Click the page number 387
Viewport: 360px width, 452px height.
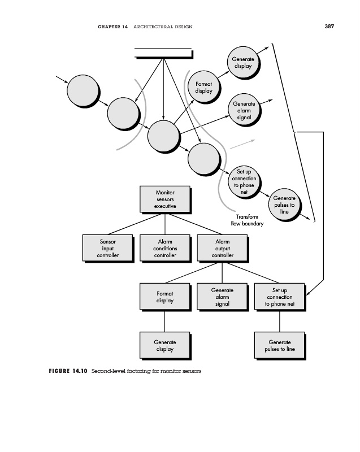click(329, 26)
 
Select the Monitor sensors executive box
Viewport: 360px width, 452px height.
click(166, 199)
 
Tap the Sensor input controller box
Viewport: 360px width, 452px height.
click(108, 248)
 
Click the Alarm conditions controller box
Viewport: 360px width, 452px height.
click(166, 248)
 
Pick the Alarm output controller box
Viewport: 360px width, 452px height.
click(223, 248)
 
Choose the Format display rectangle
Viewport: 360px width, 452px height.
click(166, 297)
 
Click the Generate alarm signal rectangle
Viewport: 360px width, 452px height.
click(223, 297)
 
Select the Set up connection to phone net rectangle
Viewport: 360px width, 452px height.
click(280, 297)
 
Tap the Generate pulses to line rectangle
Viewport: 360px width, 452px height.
click(280, 346)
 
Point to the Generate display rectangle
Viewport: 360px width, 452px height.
click(166, 346)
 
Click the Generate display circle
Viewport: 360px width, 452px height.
click(244, 63)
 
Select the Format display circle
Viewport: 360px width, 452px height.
click(204, 87)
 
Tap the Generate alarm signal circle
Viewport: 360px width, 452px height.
click(244, 110)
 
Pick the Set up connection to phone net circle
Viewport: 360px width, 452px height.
click(244, 182)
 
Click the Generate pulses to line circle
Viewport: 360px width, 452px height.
click(285, 205)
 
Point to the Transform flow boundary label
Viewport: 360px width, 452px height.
click(248, 220)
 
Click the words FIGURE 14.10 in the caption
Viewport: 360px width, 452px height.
click(68, 371)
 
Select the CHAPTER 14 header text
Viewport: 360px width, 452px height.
click(112, 27)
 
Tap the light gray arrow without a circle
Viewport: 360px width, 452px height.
click(242, 144)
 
